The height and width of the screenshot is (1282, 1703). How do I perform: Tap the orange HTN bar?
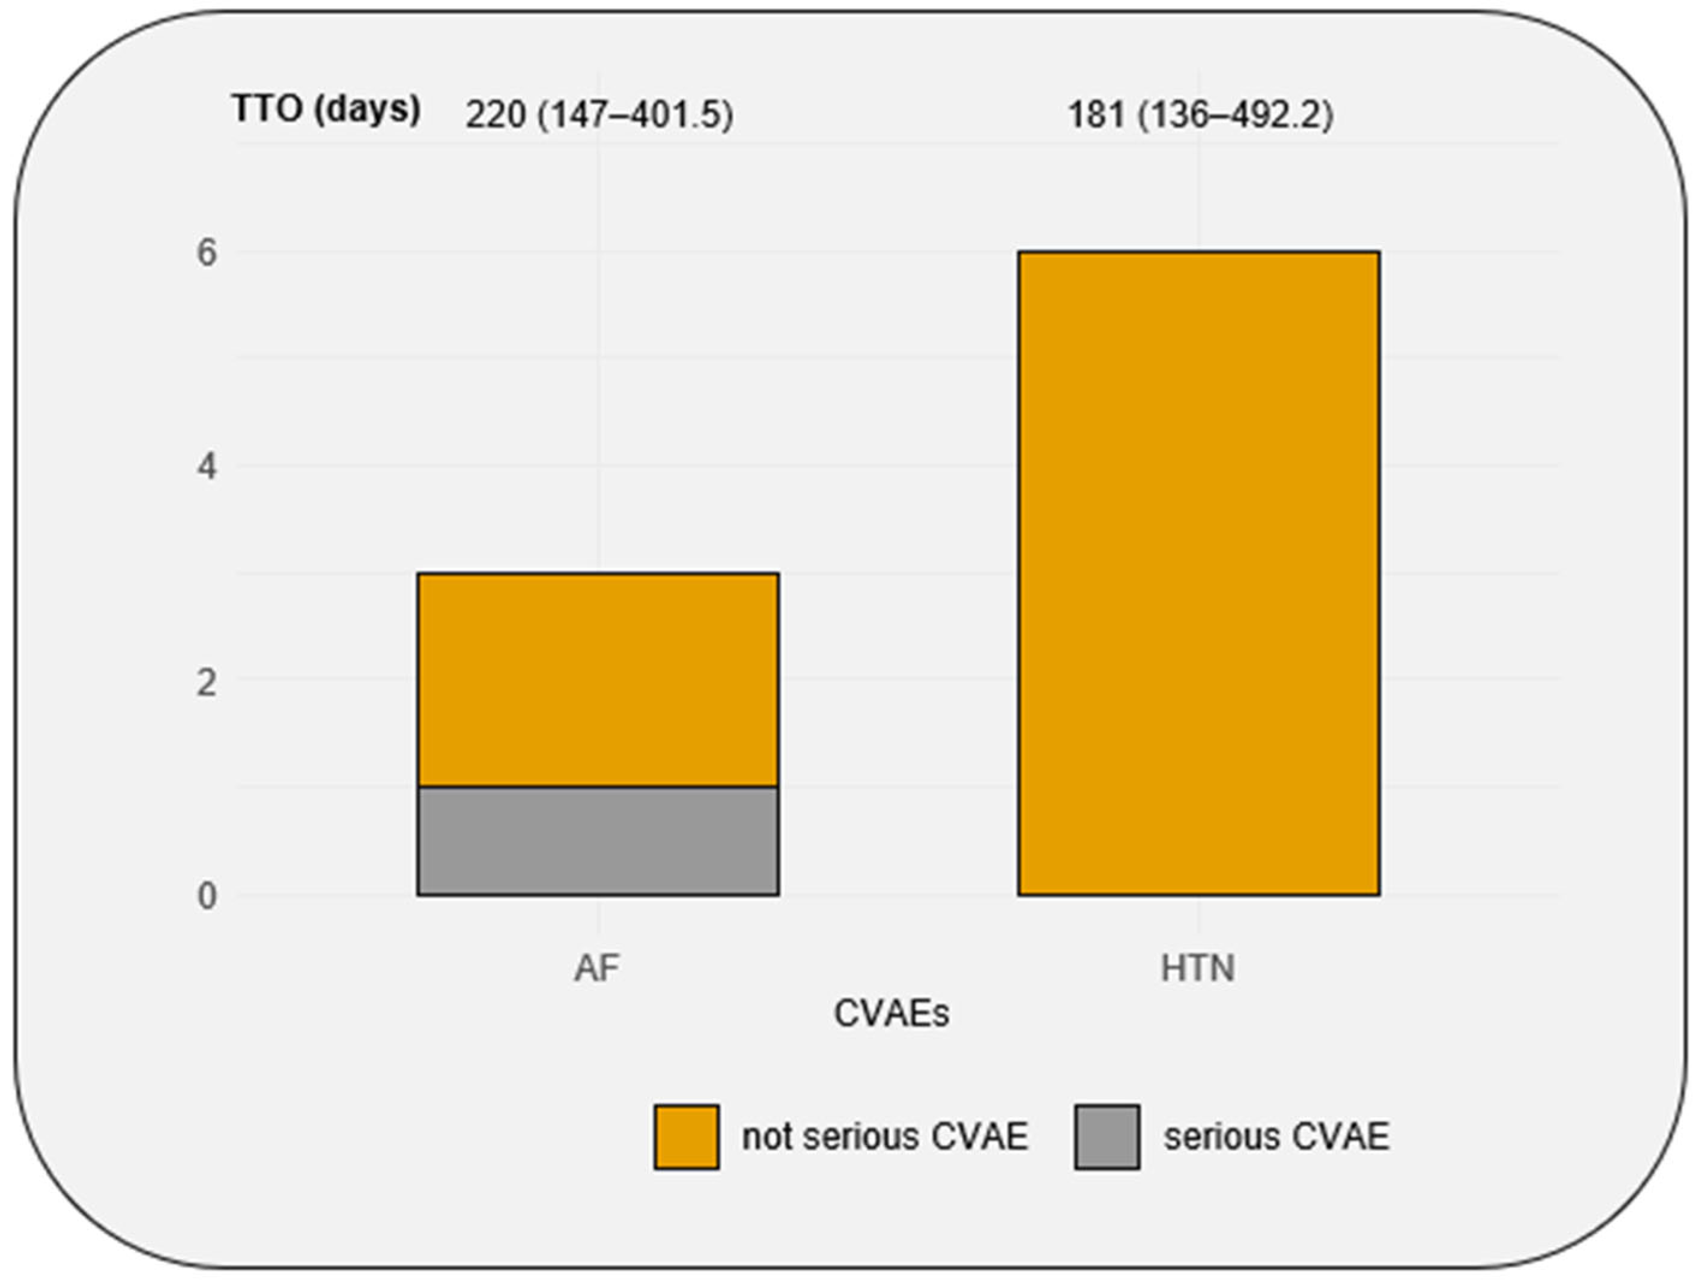coord(1199,573)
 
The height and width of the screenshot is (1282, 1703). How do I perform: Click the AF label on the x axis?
coord(597,968)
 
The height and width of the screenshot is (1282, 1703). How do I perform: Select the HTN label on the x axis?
coord(1198,968)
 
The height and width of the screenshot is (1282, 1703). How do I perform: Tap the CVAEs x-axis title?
coord(891,1014)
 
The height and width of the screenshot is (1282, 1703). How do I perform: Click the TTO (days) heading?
coord(326,109)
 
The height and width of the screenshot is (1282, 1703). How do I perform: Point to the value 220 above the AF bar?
coord(496,115)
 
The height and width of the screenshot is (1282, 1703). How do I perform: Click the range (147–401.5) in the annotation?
coord(635,115)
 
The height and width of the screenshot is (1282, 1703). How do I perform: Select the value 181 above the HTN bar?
coord(1096,115)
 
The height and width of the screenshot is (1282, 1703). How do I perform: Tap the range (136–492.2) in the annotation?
coord(1236,115)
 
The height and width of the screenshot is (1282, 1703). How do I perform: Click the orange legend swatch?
coord(687,1137)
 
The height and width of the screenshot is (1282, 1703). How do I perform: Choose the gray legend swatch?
coord(1107,1137)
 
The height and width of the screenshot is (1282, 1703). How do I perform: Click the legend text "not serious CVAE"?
coord(885,1137)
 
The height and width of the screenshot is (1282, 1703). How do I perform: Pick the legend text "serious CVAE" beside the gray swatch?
coord(1276,1137)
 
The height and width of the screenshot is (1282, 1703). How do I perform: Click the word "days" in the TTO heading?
coord(367,109)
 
